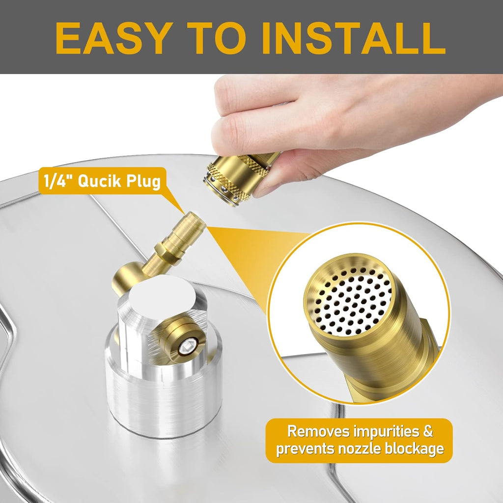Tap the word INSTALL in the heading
tap(354, 38)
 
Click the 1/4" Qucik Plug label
tap(102, 181)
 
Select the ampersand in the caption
tap(428, 431)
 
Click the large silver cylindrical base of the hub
tap(164, 398)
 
